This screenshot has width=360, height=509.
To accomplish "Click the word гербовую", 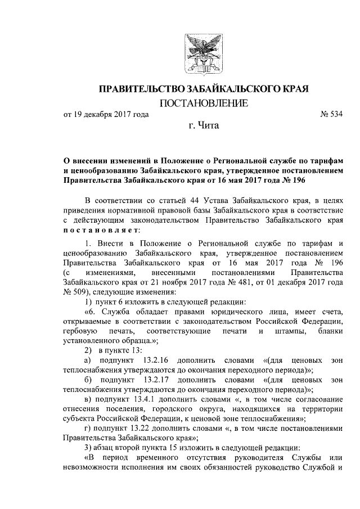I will pos(80,331).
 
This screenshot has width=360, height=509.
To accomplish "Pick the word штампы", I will pos(289,331).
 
